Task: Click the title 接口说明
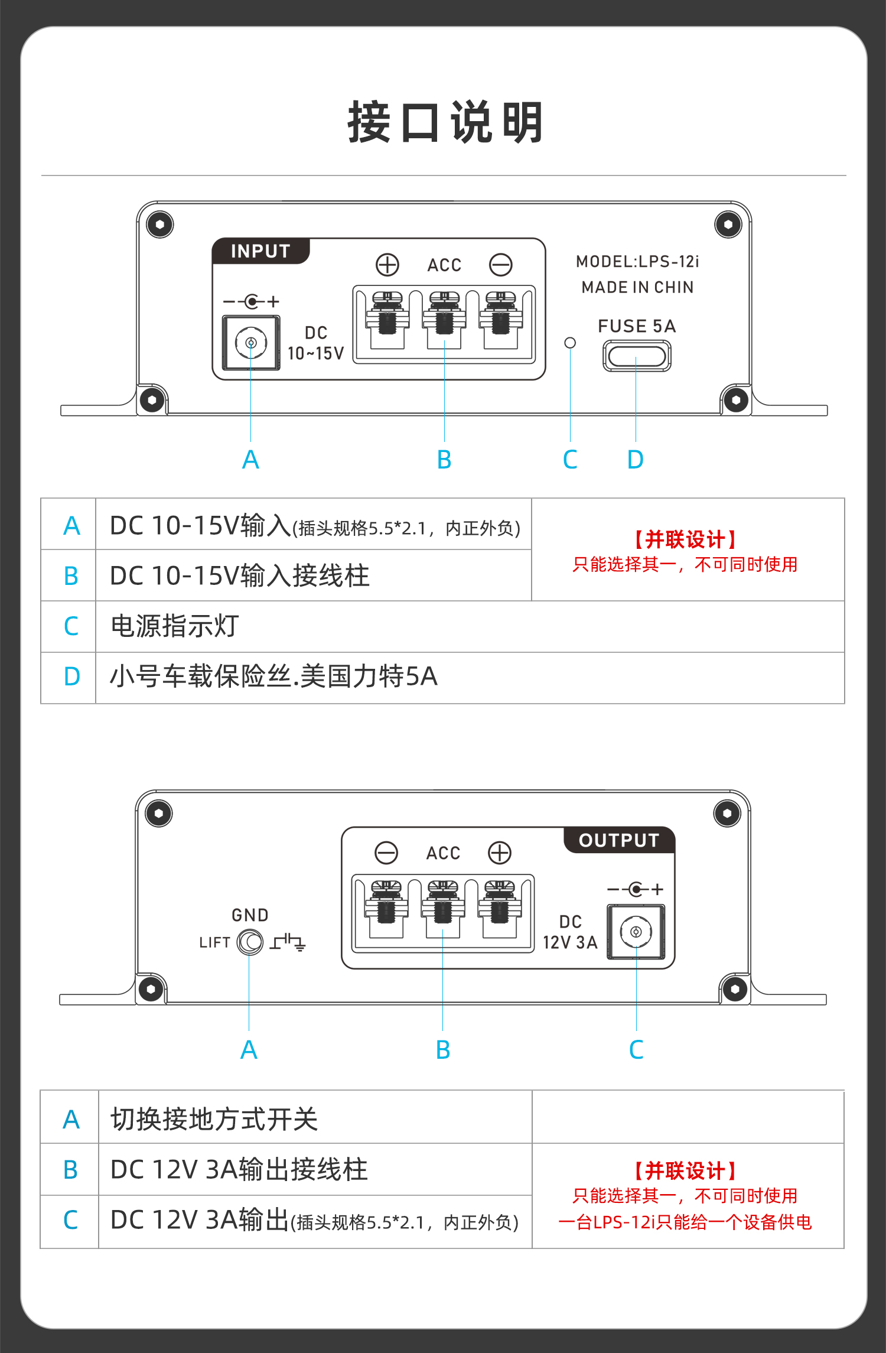click(x=445, y=122)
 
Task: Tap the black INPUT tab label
click(x=260, y=251)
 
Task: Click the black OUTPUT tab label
click(x=619, y=840)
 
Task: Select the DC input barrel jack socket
click(x=251, y=343)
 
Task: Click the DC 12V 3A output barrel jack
click(x=636, y=932)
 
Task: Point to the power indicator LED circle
click(x=570, y=343)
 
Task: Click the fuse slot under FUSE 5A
click(x=637, y=356)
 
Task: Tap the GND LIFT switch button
click(x=250, y=942)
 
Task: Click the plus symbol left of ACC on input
click(x=387, y=265)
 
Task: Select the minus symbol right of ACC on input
click(x=501, y=265)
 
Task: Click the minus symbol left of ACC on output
click(x=386, y=853)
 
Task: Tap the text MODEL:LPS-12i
click(x=637, y=261)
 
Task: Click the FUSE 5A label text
click(x=637, y=326)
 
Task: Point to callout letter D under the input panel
click(x=636, y=460)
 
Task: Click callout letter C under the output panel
click(x=636, y=1050)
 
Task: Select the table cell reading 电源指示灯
click(x=175, y=626)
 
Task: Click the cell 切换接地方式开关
click(x=214, y=1118)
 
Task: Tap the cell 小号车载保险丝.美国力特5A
click(x=273, y=676)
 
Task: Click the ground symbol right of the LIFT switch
click(x=288, y=942)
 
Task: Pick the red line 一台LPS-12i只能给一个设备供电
click(x=685, y=1222)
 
